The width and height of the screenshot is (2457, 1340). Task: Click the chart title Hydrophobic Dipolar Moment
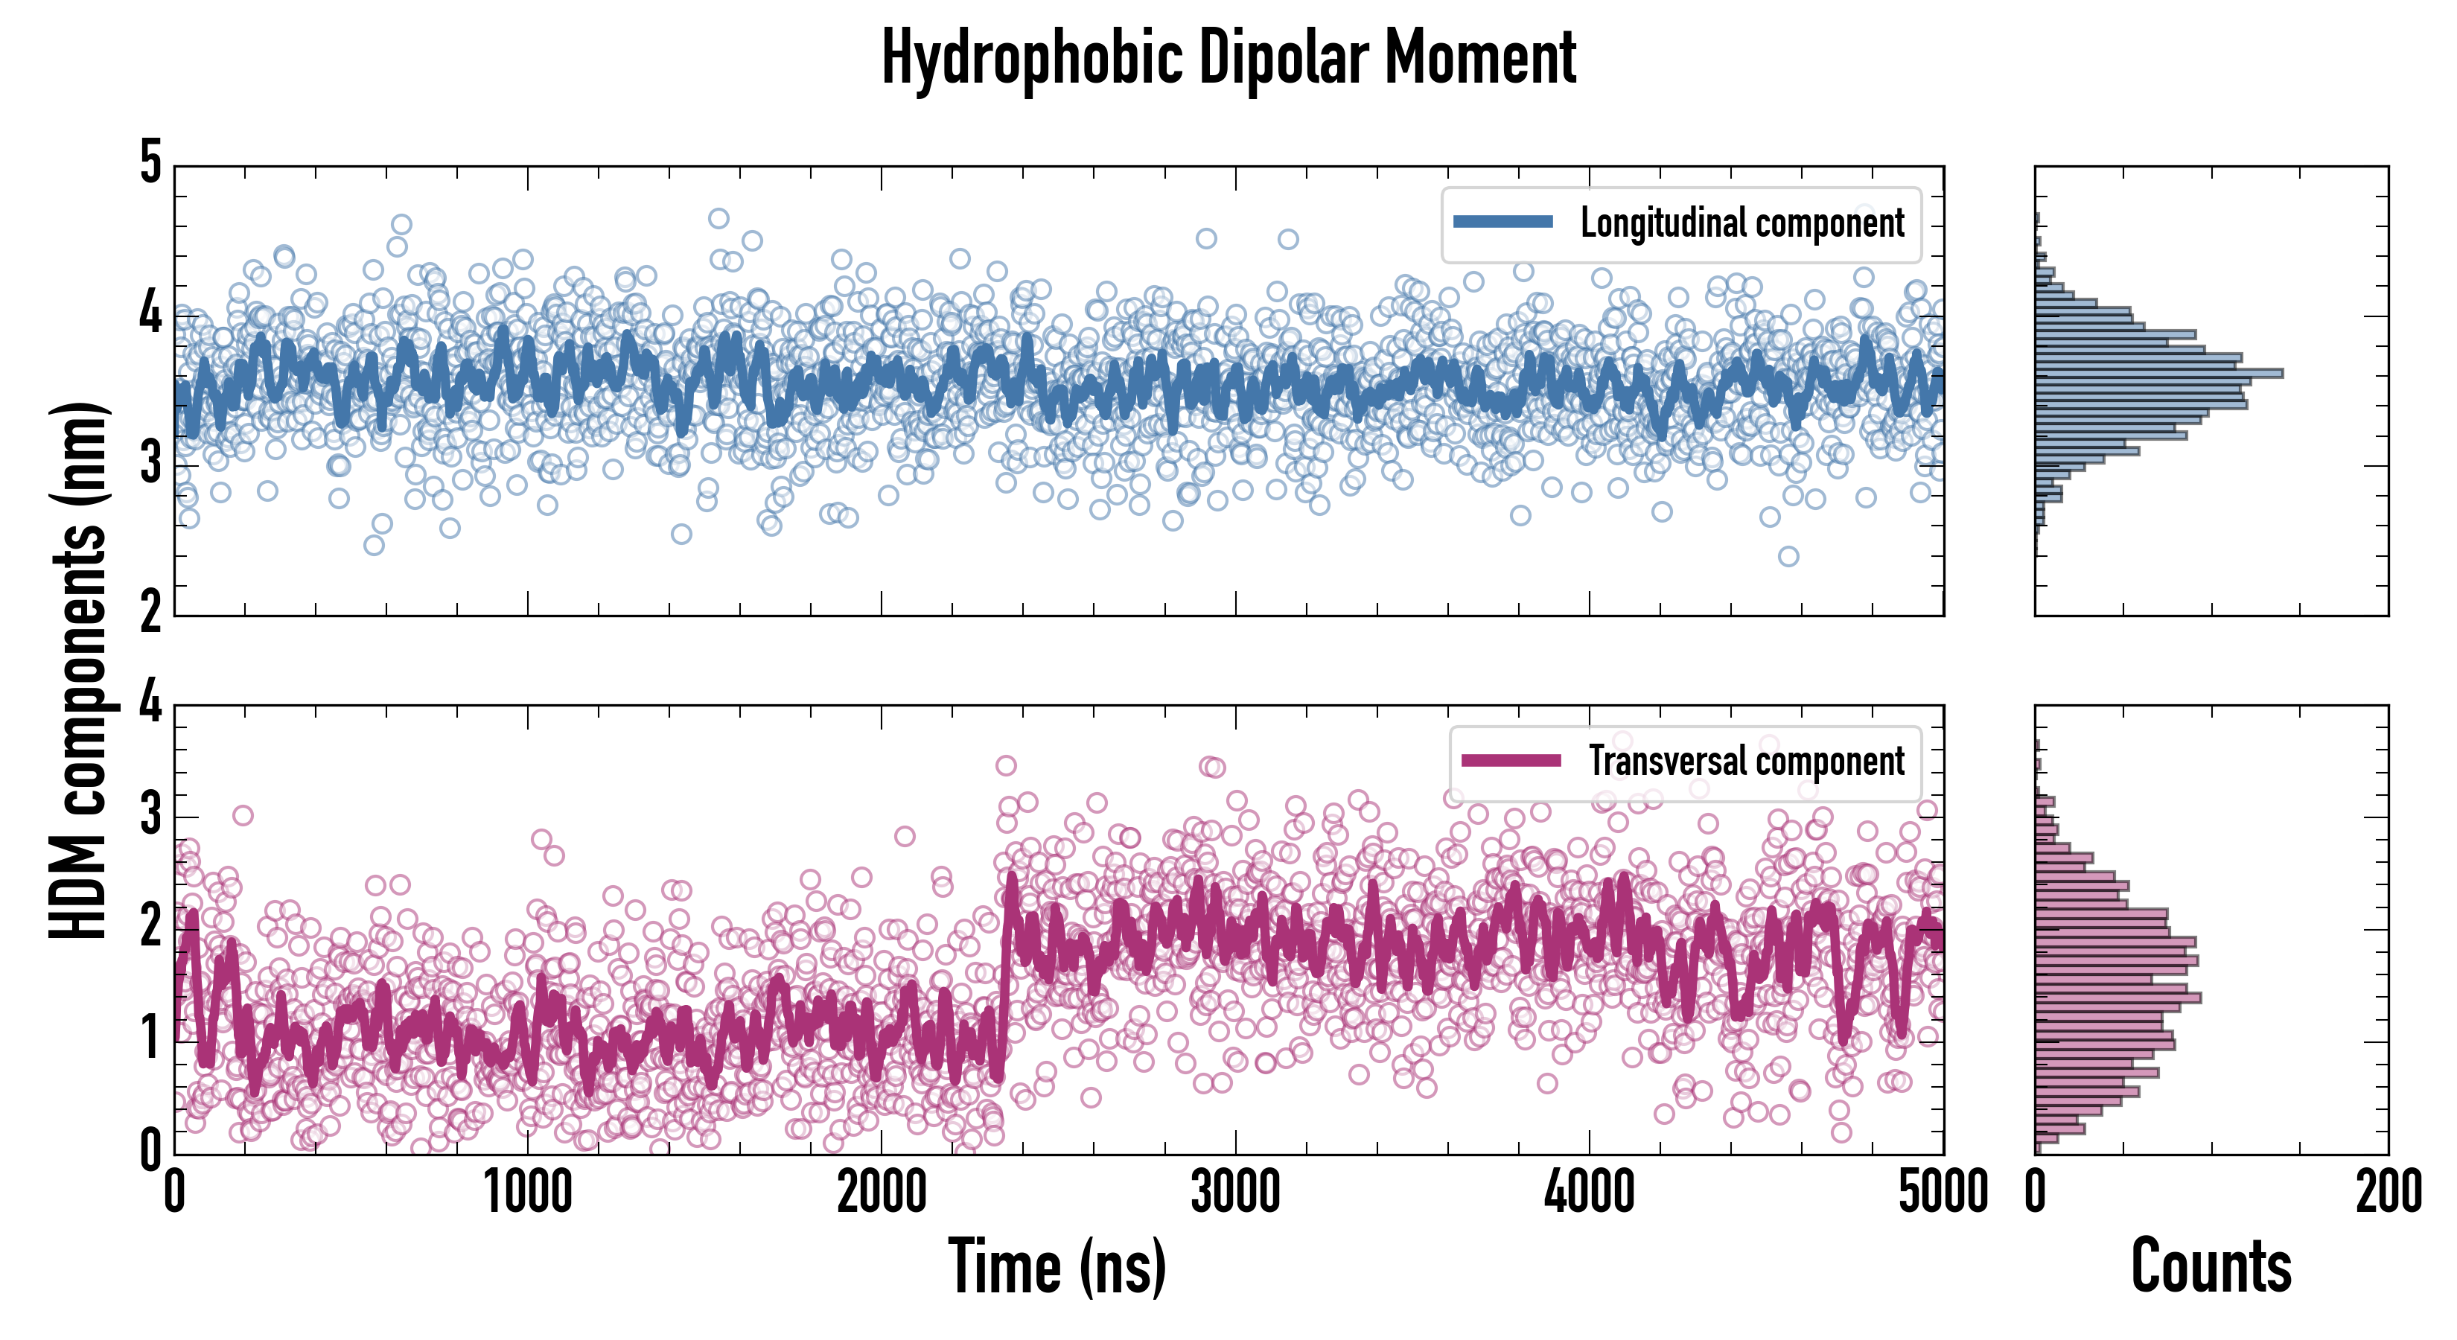(1228, 59)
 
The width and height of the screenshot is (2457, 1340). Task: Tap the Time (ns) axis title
(1057, 1266)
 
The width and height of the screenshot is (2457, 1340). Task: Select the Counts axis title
(2211, 1266)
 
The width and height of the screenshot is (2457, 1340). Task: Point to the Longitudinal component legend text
(1741, 223)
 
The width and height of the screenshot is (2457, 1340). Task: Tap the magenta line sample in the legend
(1511, 760)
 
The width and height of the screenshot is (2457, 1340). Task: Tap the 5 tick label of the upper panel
(150, 163)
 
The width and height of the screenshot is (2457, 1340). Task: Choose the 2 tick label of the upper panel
(150, 612)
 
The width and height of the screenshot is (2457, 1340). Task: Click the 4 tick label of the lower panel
(150, 703)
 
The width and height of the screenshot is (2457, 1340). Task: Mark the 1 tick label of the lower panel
(150, 1038)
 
